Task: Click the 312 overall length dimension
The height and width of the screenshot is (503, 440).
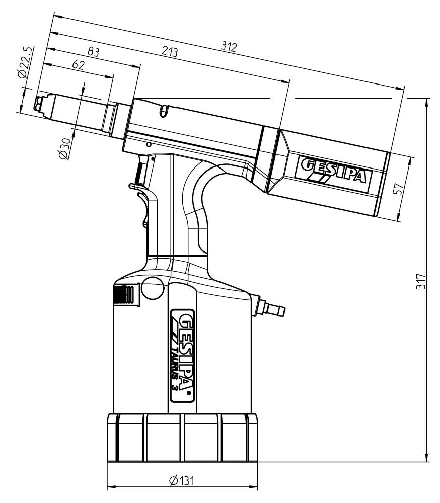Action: (229, 47)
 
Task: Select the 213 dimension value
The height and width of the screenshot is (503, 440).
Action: (169, 52)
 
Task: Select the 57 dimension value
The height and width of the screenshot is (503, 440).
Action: (399, 189)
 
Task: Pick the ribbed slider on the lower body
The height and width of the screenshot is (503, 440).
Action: (124, 295)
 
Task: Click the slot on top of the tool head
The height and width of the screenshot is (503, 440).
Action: (162, 110)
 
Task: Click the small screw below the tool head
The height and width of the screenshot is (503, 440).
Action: (148, 144)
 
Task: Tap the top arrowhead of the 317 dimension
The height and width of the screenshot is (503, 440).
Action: (427, 101)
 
